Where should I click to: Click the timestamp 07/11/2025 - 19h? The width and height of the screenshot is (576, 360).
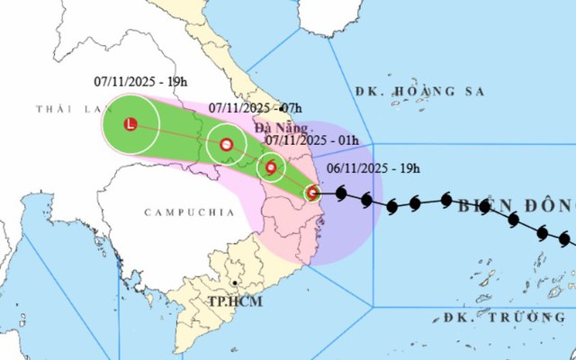pyautogui.click(x=140, y=81)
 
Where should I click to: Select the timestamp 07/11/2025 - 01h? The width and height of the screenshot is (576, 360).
pyautogui.click(x=313, y=139)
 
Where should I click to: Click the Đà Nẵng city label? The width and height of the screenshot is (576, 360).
pyautogui.click(x=276, y=129)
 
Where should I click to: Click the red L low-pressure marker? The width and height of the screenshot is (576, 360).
pyautogui.click(x=130, y=125)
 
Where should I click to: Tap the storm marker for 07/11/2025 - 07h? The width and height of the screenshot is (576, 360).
pyautogui.click(x=227, y=144)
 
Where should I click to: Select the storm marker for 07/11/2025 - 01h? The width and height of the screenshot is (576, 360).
pyautogui.click(x=271, y=166)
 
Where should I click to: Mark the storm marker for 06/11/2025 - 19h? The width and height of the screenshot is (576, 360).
pyautogui.click(x=312, y=192)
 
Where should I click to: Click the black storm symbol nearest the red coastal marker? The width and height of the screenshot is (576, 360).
pyautogui.click(x=341, y=193)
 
